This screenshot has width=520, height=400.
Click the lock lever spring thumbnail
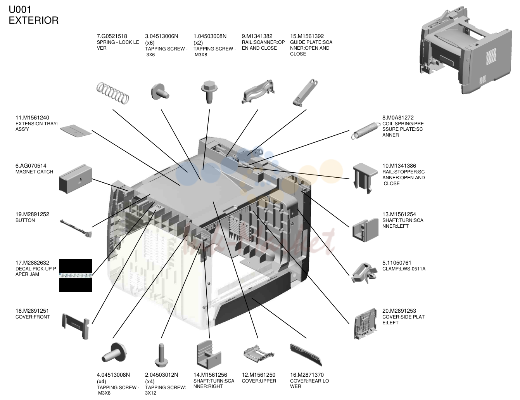point(113,93)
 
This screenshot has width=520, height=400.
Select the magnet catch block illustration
point(75,178)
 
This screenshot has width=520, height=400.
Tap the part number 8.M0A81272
point(398,118)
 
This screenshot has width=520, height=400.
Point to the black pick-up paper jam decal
point(75,275)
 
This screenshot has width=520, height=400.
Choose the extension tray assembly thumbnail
point(76,131)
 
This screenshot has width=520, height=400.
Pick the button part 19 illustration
point(76,229)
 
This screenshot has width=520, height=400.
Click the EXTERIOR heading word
point(33,20)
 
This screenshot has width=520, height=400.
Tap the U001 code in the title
point(20,10)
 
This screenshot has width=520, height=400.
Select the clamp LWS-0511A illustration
point(365,273)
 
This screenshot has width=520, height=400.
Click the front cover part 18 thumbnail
point(76,326)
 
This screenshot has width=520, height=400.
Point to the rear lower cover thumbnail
point(306,355)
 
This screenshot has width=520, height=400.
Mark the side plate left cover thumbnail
point(365,324)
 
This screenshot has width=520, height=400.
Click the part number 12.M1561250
point(258,375)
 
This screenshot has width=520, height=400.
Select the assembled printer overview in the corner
point(465,50)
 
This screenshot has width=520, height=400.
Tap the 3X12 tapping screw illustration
point(161,355)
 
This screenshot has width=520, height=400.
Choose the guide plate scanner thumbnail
point(305,92)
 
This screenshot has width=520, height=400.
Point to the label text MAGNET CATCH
point(34,172)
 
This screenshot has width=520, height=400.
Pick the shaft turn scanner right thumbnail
point(209,355)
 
